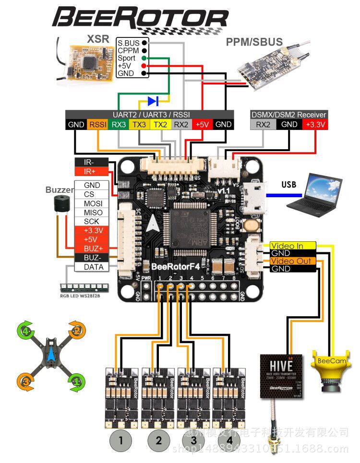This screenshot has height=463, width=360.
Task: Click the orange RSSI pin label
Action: (x=97, y=125)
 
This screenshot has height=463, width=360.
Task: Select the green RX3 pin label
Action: (x=119, y=125)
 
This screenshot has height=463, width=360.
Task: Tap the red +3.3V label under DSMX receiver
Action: (x=315, y=125)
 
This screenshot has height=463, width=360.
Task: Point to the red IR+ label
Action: (x=91, y=171)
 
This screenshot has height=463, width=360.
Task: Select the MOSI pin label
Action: (x=92, y=203)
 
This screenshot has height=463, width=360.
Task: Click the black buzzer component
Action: (x=61, y=205)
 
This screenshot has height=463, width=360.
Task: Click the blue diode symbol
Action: (x=153, y=101)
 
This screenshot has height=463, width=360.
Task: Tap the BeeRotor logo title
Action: (x=139, y=18)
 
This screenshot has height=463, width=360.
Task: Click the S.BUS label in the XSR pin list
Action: (x=128, y=43)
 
